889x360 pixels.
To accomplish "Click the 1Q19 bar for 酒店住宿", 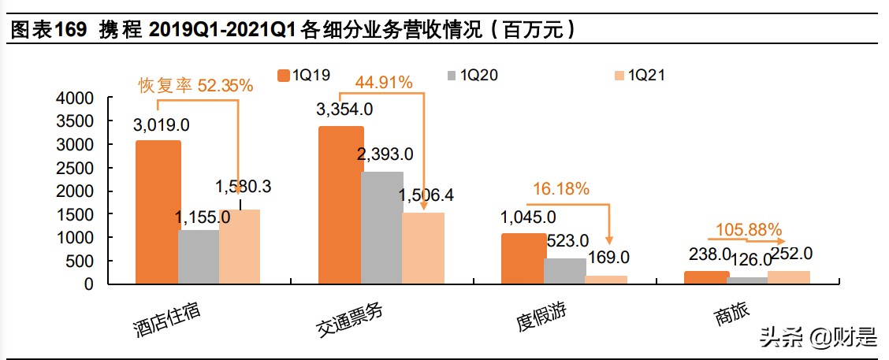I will click(x=158, y=213).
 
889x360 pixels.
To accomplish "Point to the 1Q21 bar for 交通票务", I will click(x=422, y=248).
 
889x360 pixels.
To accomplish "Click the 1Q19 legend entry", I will click(x=303, y=76).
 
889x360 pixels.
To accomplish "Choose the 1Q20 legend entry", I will click(x=471, y=76).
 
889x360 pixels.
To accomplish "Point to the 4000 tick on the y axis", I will click(x=76, y=98).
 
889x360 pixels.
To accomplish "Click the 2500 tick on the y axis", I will click(x=76, y=168).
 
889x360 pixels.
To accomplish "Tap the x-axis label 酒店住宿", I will click(x=166, y=318).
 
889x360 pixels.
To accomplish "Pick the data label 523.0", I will click(x=567, y=240).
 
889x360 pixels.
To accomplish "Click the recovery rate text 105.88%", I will click(x=749, y=230).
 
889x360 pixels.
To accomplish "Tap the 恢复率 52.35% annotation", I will click(x=196, y=86).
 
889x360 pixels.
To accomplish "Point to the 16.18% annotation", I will click(x=561, y=189).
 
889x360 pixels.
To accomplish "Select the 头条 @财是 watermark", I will click(x=816, y=338).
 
